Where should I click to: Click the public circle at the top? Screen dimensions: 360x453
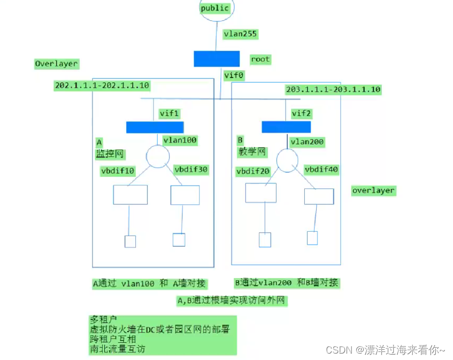(x=216, y=9)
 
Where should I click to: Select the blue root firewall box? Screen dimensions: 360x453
(x=216, y=59)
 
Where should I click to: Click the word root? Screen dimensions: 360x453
(x=260, y=59)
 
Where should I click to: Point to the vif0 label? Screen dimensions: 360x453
(x=234, y=75)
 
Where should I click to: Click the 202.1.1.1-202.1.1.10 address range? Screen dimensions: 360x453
(x=102, y=86)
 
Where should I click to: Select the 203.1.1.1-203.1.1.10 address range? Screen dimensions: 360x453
(x=333, y=89)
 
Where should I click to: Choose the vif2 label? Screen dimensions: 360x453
(x=301, y=113)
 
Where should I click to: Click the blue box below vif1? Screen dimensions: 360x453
(x=155, y=127)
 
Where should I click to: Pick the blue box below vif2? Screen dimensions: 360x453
(x=286, y=127)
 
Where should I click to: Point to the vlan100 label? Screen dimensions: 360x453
(x=180, y=140)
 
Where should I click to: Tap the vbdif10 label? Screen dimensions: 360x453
(x=118, y=171)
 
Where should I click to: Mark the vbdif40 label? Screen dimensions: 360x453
(x=321, y=169)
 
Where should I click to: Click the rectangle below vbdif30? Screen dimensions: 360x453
(x=185, y=195)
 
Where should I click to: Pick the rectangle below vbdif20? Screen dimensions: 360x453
(x=261, y=193)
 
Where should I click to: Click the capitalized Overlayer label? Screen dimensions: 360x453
(x=56, y=64)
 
